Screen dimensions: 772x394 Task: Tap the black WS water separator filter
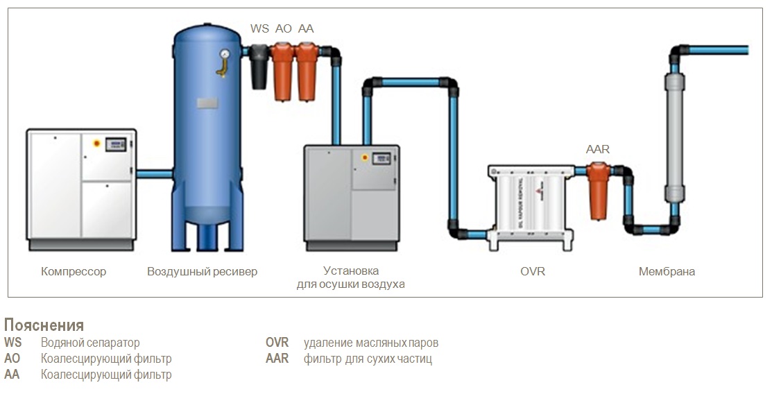[259, 67]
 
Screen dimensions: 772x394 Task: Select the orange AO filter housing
[282, 71]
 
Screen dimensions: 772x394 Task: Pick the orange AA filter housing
[307, 71]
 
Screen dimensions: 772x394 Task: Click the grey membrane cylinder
[674, 138]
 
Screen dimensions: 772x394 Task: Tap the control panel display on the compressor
[117, 144]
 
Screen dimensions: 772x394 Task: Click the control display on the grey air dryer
[381, 159]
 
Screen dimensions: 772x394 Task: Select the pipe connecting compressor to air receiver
[154, 174]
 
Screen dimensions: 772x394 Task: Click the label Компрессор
[74, 271]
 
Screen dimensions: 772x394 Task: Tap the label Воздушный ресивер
[203, 271]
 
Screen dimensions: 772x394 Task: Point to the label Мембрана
[667, 271]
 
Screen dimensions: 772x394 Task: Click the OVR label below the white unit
[533, 271]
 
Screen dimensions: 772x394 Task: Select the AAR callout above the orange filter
[598, 149]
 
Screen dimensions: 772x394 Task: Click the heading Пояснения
[44, 325]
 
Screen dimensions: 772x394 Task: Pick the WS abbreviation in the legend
[12, 342]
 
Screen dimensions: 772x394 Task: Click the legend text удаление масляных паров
[370, 343]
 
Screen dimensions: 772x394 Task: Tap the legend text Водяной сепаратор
[90, 343]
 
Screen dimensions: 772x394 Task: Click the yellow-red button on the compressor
[96, 144]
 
